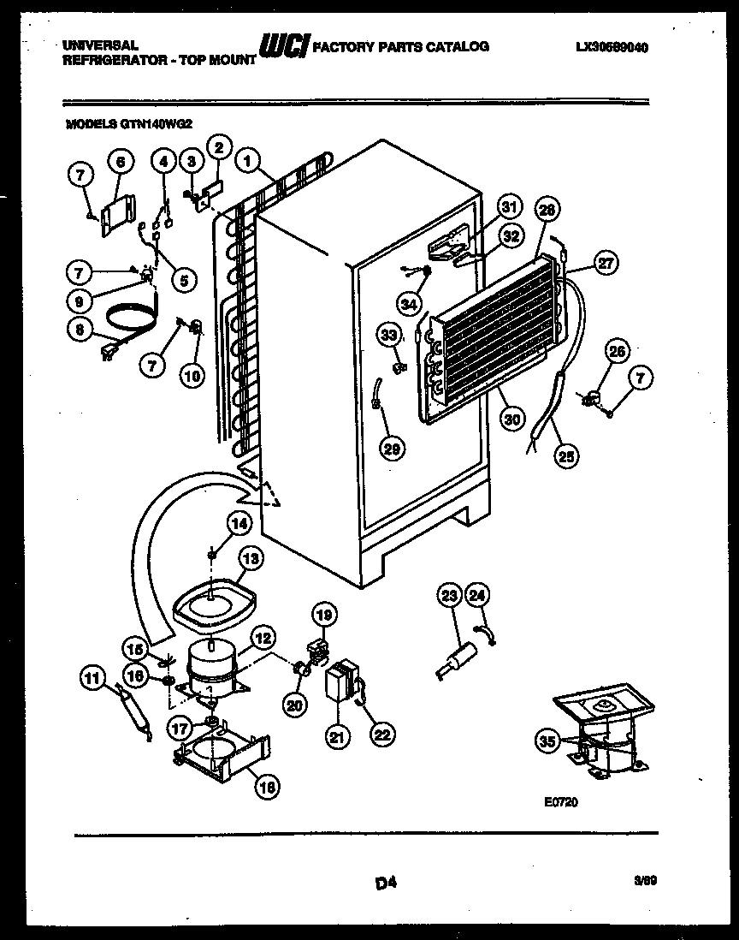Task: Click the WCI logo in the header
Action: point(282,49)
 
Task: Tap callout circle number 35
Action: point(547,741)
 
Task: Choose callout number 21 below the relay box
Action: point(336,735)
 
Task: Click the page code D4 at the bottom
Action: point(387,881)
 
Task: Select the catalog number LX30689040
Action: point(612,49)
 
